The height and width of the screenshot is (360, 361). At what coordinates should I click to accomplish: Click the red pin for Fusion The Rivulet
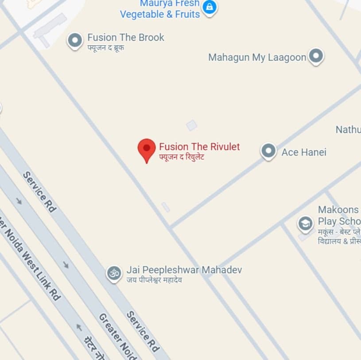tap(147, 149)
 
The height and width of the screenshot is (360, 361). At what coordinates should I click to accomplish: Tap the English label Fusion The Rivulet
tap(199, 147)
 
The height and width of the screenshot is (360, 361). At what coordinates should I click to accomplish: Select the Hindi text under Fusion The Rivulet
tap(182, 157)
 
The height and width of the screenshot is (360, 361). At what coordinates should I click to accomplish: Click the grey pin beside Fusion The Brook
tap(75, 40)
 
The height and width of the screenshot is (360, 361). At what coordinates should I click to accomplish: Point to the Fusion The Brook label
tap(126, 38)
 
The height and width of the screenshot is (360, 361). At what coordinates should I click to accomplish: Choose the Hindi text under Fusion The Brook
tap(105, 47)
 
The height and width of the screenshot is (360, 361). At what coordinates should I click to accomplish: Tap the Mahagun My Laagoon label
tap(257, 57)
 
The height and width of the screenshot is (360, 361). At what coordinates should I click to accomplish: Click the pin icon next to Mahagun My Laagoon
tap(315, 56)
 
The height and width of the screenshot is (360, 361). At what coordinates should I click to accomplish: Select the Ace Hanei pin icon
tap(268, 151)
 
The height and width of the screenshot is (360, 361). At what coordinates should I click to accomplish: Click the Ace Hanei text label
tap(304, 152)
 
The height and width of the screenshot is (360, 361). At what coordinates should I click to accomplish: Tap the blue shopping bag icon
tap(210, 7)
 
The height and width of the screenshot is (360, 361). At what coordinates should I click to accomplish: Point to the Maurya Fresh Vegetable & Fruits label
tap(160, 9)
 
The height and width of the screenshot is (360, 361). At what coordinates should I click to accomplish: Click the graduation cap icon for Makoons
tap(305, 223)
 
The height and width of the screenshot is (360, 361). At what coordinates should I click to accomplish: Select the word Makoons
tap(338, 210)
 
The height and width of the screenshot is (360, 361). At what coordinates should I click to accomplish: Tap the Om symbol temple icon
tap(114, 273)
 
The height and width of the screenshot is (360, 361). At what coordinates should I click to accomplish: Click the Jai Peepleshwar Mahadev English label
tap(184, 270)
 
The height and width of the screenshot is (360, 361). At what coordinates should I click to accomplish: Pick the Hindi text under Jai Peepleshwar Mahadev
tap(154, 280)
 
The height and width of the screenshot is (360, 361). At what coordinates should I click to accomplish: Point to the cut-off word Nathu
tap(348, 129)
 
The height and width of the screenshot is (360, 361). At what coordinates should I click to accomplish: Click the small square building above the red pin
tap(191, 125)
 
